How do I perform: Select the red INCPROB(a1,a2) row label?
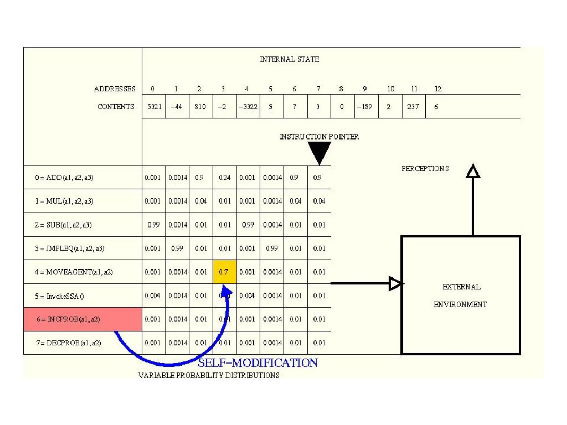point(83,319)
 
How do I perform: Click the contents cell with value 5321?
point(154,107)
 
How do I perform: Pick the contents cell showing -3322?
point(247,107)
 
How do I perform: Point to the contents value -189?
point(364,107)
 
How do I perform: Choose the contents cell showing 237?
point(413,107)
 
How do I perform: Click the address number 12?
point(437,89)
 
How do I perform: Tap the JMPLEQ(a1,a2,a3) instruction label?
point(69,248)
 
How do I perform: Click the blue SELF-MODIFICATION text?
point(258,363)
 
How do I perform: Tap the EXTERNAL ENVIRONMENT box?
point(461,296)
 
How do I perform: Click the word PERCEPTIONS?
point(425,169)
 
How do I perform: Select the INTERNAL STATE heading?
point(289,59)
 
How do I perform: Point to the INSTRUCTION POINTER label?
point(319,137)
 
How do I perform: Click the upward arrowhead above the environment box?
point(473,171)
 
